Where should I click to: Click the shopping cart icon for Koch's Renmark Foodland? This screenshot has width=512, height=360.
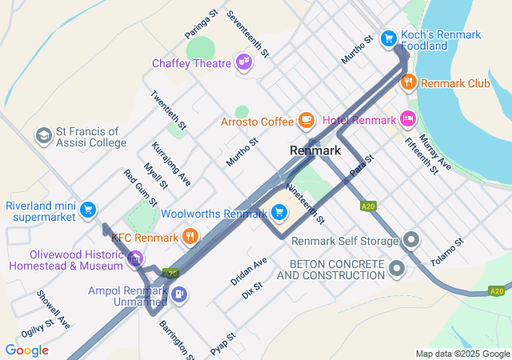pyautogui.click(x=388, y=38)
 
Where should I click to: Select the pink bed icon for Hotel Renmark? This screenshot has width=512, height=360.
pyautogui.click(x=408, y=119)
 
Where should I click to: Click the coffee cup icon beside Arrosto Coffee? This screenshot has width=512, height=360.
pyautogui.click(x=306, y=121)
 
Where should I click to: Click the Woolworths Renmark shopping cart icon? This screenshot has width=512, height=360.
pyautogui.click(x=278, y=212)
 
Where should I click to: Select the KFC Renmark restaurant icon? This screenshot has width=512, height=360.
pyautogui.click(x=190, y=236)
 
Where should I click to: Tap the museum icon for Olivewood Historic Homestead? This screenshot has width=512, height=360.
pyautogui.click(x=135, y=258)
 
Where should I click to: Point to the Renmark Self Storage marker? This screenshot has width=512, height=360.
pyautogui.click(x=411, y=240)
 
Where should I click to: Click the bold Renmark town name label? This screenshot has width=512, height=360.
pyautogui.click(x=315, y=150)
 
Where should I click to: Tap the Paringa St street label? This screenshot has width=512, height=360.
pyautogui.click(x=202, y=24)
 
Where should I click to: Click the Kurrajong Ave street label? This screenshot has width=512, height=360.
pyautogui.click(x=170, y=163)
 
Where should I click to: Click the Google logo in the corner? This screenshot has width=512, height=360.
pyautogui.click(x=26, y=350)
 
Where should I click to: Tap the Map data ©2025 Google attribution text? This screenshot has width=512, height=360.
pyautogui.click(x=462, y=354)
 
